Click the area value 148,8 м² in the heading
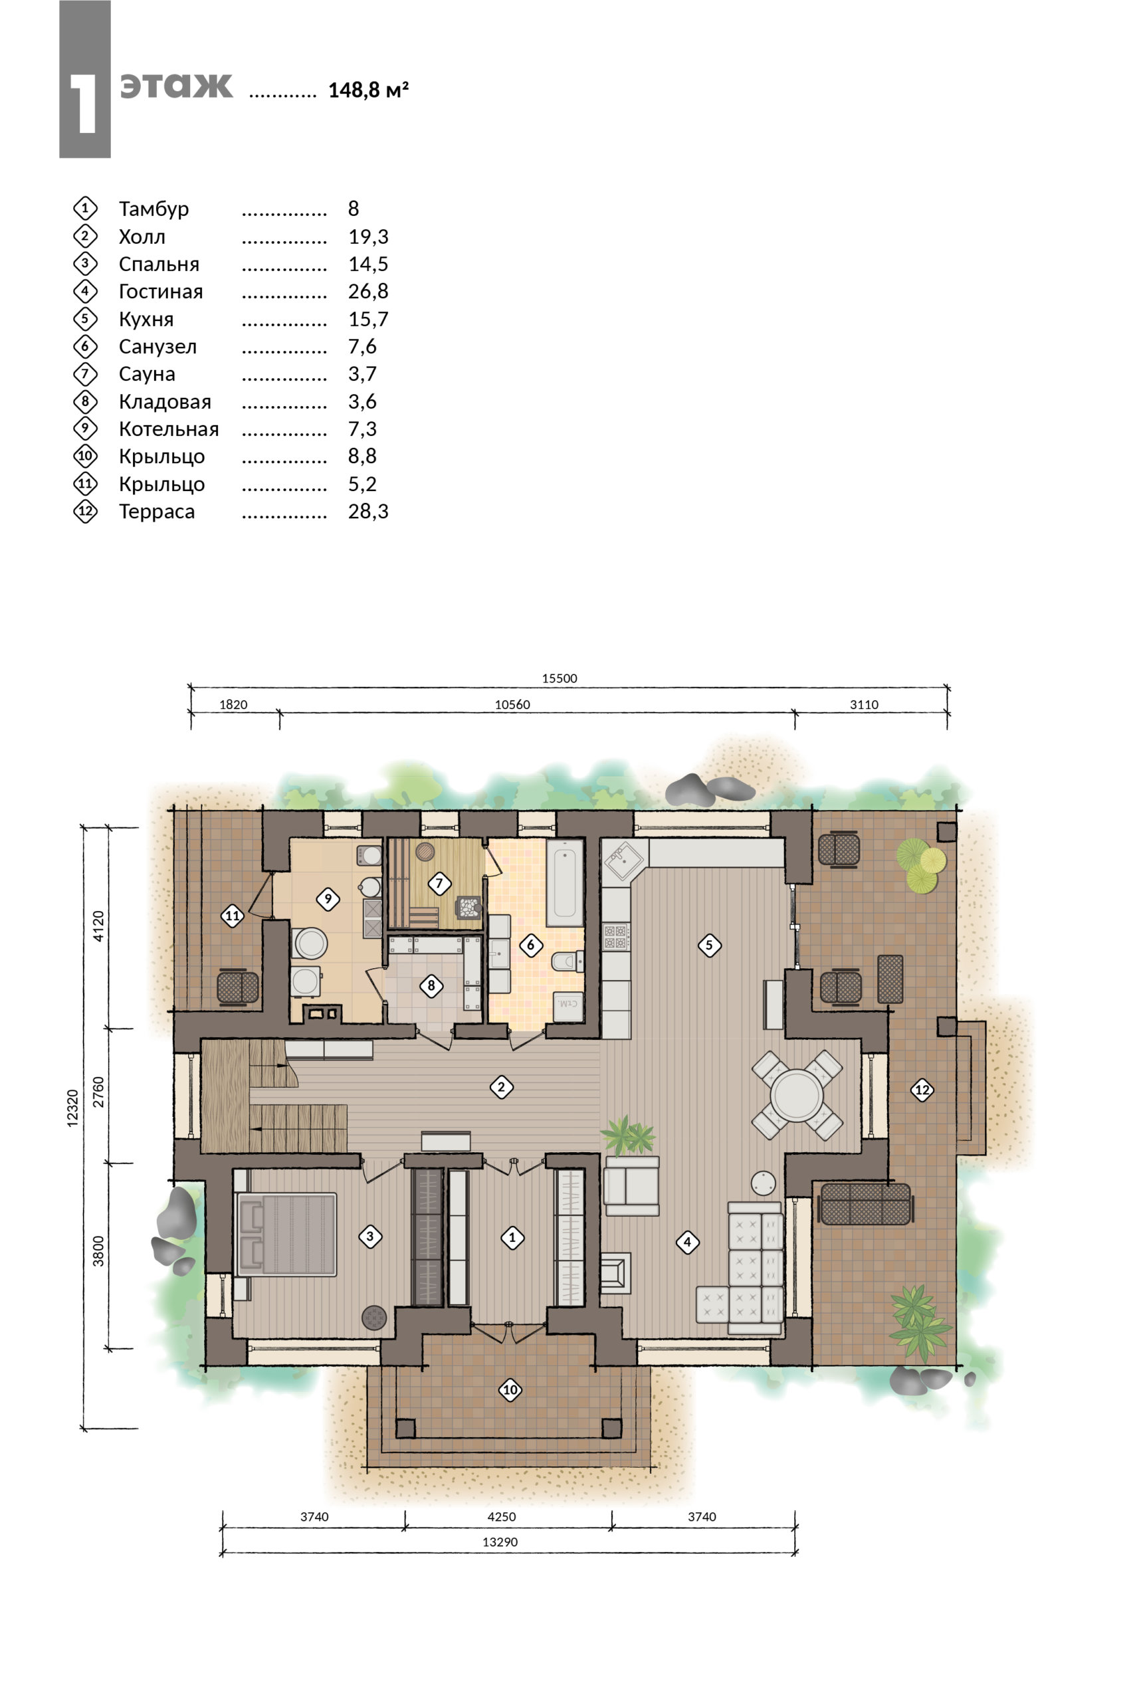point(368,90)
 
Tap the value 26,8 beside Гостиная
point(368,292)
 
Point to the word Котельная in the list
point(168,429)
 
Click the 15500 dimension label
point(560,678)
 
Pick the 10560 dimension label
point(512,704)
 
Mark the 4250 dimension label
point(501,1516)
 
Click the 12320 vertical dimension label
point(72,1108)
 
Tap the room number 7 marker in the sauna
point(439,883)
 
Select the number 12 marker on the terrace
point(922,1089)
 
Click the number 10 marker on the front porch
point(510,1389)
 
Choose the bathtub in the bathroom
point(565,883)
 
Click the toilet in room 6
point(568,961)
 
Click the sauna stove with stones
point(469,908)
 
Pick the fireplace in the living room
point(615,1272)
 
